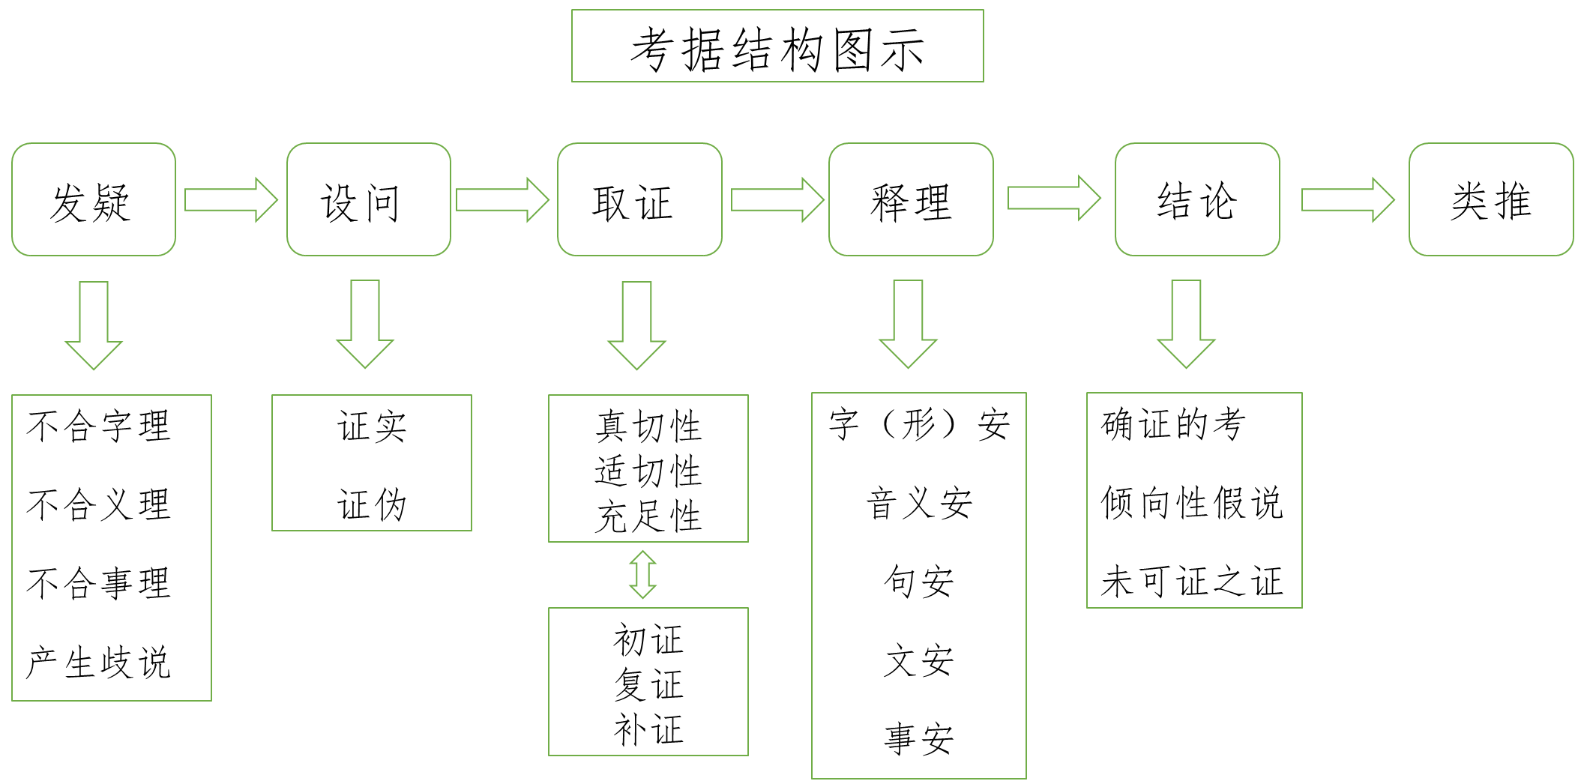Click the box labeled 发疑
(94, 199)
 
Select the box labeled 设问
(369, 199)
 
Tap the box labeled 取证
(639, 199)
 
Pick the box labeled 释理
(911, 199)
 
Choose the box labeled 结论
(1197, 199)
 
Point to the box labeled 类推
(1490, 199)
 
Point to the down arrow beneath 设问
(365, 323)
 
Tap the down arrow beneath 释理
(908, 323)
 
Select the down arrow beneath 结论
(1186, 323)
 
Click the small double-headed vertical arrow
(642, 574)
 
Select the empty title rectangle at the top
(777, 46)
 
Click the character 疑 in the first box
(112, 202)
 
